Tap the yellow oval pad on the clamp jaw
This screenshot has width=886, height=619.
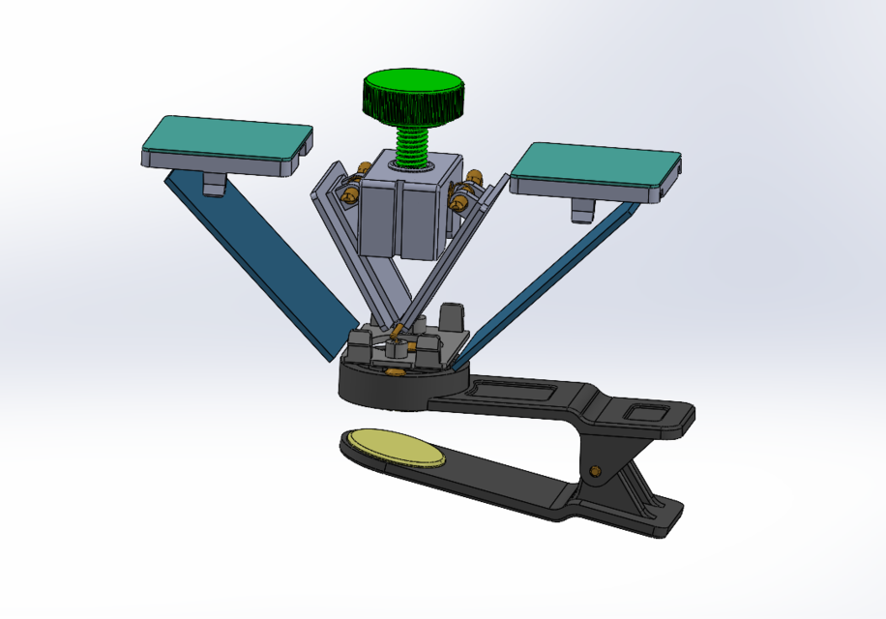(x=393, y=447)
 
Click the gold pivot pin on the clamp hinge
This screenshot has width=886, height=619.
(x=596, y=471)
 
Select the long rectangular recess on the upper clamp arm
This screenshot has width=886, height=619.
(x=510, y=392)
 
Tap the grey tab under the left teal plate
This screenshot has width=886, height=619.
(x=214, y=183)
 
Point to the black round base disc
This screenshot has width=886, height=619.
(x=382, y=387)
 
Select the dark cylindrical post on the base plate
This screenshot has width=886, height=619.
(x=452, y=316)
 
